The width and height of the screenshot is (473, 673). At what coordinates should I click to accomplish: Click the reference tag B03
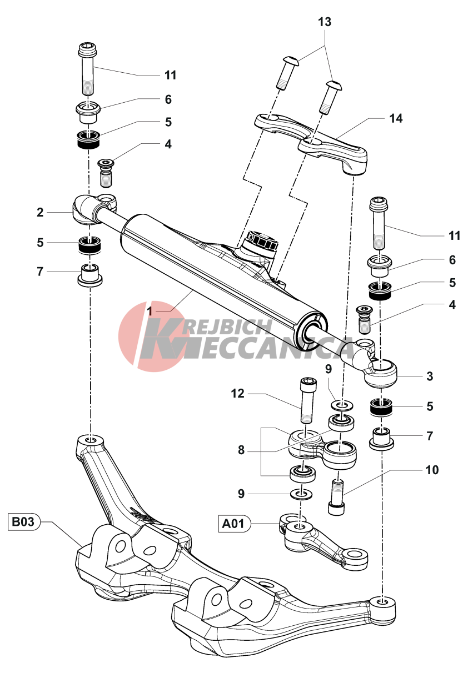23,523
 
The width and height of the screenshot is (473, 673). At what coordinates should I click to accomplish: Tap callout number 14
396,118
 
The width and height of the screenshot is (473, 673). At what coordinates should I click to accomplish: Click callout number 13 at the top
325,23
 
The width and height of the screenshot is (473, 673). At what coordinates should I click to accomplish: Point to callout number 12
238,394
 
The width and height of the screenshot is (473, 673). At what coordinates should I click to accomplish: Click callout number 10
432,470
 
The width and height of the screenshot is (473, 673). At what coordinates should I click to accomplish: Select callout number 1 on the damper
150,311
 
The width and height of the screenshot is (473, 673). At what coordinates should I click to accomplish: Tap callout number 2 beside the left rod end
40,212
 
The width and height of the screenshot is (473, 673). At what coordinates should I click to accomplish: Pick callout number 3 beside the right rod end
429,376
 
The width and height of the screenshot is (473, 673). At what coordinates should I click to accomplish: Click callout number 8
241,450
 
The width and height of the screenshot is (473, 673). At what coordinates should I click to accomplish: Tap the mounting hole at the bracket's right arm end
382,602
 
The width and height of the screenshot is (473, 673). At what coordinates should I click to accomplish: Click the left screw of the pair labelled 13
286,72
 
